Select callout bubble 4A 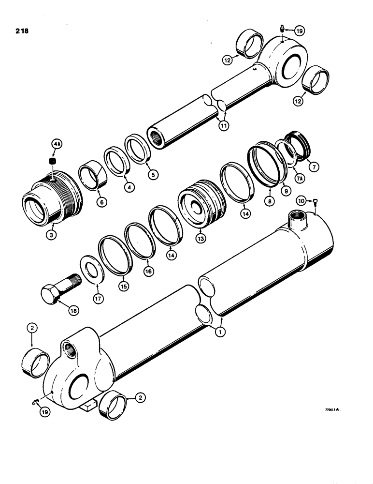(x=57, y=144)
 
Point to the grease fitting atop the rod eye (x=282, y=30)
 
